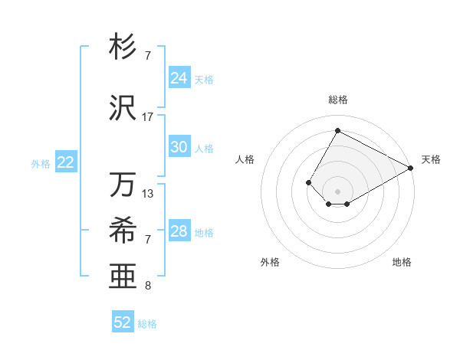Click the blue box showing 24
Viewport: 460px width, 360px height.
click(x=179, y=78)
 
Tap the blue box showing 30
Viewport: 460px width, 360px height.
click(x=179, y=147)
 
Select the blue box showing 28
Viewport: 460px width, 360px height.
click(x=179, y=231)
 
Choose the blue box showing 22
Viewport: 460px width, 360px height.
click(x=66, y=162)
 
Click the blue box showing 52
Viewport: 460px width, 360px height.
click(x=123, y=322)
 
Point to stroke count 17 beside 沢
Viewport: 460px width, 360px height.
click(x=148, y=117)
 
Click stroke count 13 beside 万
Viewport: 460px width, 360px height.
click(x=148, y=194)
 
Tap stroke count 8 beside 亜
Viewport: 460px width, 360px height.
click(x=148, y=286)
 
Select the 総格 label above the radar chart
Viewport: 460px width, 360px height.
click(x=337, y=100)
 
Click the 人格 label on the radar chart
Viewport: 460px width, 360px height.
click(x=245, y=159)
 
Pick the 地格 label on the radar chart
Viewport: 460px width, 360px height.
click(x=402, y=262)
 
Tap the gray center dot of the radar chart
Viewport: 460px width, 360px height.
click(x=337, y=191)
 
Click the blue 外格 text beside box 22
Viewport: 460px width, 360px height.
click(x=41, y=163)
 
